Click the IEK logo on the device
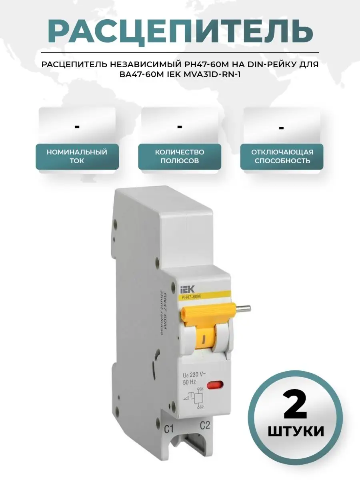point(187,290)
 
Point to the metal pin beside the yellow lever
point(243,309)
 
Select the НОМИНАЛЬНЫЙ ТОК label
point(77,156)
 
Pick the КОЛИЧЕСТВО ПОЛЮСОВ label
point(180,156)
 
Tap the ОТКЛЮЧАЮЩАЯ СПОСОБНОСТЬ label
point(282,156)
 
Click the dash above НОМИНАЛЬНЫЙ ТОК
point(77,127)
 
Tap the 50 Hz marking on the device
point(189,382)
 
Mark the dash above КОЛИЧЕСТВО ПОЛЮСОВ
point(180,127)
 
